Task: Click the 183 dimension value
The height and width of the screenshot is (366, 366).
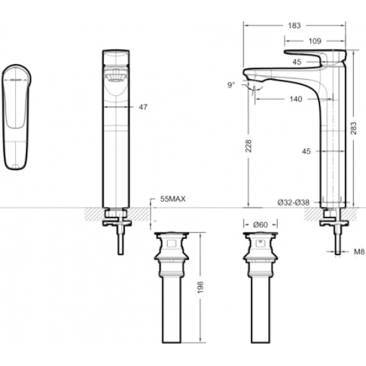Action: coord(294,25)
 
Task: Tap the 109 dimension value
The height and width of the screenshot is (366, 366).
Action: coord(315,41)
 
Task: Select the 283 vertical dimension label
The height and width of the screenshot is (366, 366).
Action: coord(353,128)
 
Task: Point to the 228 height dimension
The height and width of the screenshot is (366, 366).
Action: coord(249,146)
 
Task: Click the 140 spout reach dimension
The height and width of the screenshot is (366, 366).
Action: coord(295,99)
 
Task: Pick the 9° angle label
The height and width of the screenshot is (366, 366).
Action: coord(231,85)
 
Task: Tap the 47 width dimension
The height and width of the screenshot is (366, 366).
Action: coord(143,107)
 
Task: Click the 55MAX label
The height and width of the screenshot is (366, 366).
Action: coord(173,199)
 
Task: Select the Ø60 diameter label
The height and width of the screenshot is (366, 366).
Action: coord(260,225)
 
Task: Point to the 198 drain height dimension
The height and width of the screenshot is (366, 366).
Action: coord(200,287)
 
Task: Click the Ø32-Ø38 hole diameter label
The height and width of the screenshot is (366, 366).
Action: coord(293,202)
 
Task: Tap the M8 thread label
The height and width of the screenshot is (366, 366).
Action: coord(359,252)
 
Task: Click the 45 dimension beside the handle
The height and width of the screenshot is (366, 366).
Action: coord(297,62)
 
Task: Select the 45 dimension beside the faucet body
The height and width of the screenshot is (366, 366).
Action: coord(306,151)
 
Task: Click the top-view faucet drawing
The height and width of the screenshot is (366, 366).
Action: coord(17,116)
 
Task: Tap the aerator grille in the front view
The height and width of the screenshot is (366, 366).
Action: coord(116,77)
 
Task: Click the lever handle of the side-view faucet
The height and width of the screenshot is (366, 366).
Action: coord(315,58)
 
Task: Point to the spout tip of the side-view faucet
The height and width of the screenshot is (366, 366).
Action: coord(248,75)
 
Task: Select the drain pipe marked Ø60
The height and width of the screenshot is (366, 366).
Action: coord(260,287)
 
